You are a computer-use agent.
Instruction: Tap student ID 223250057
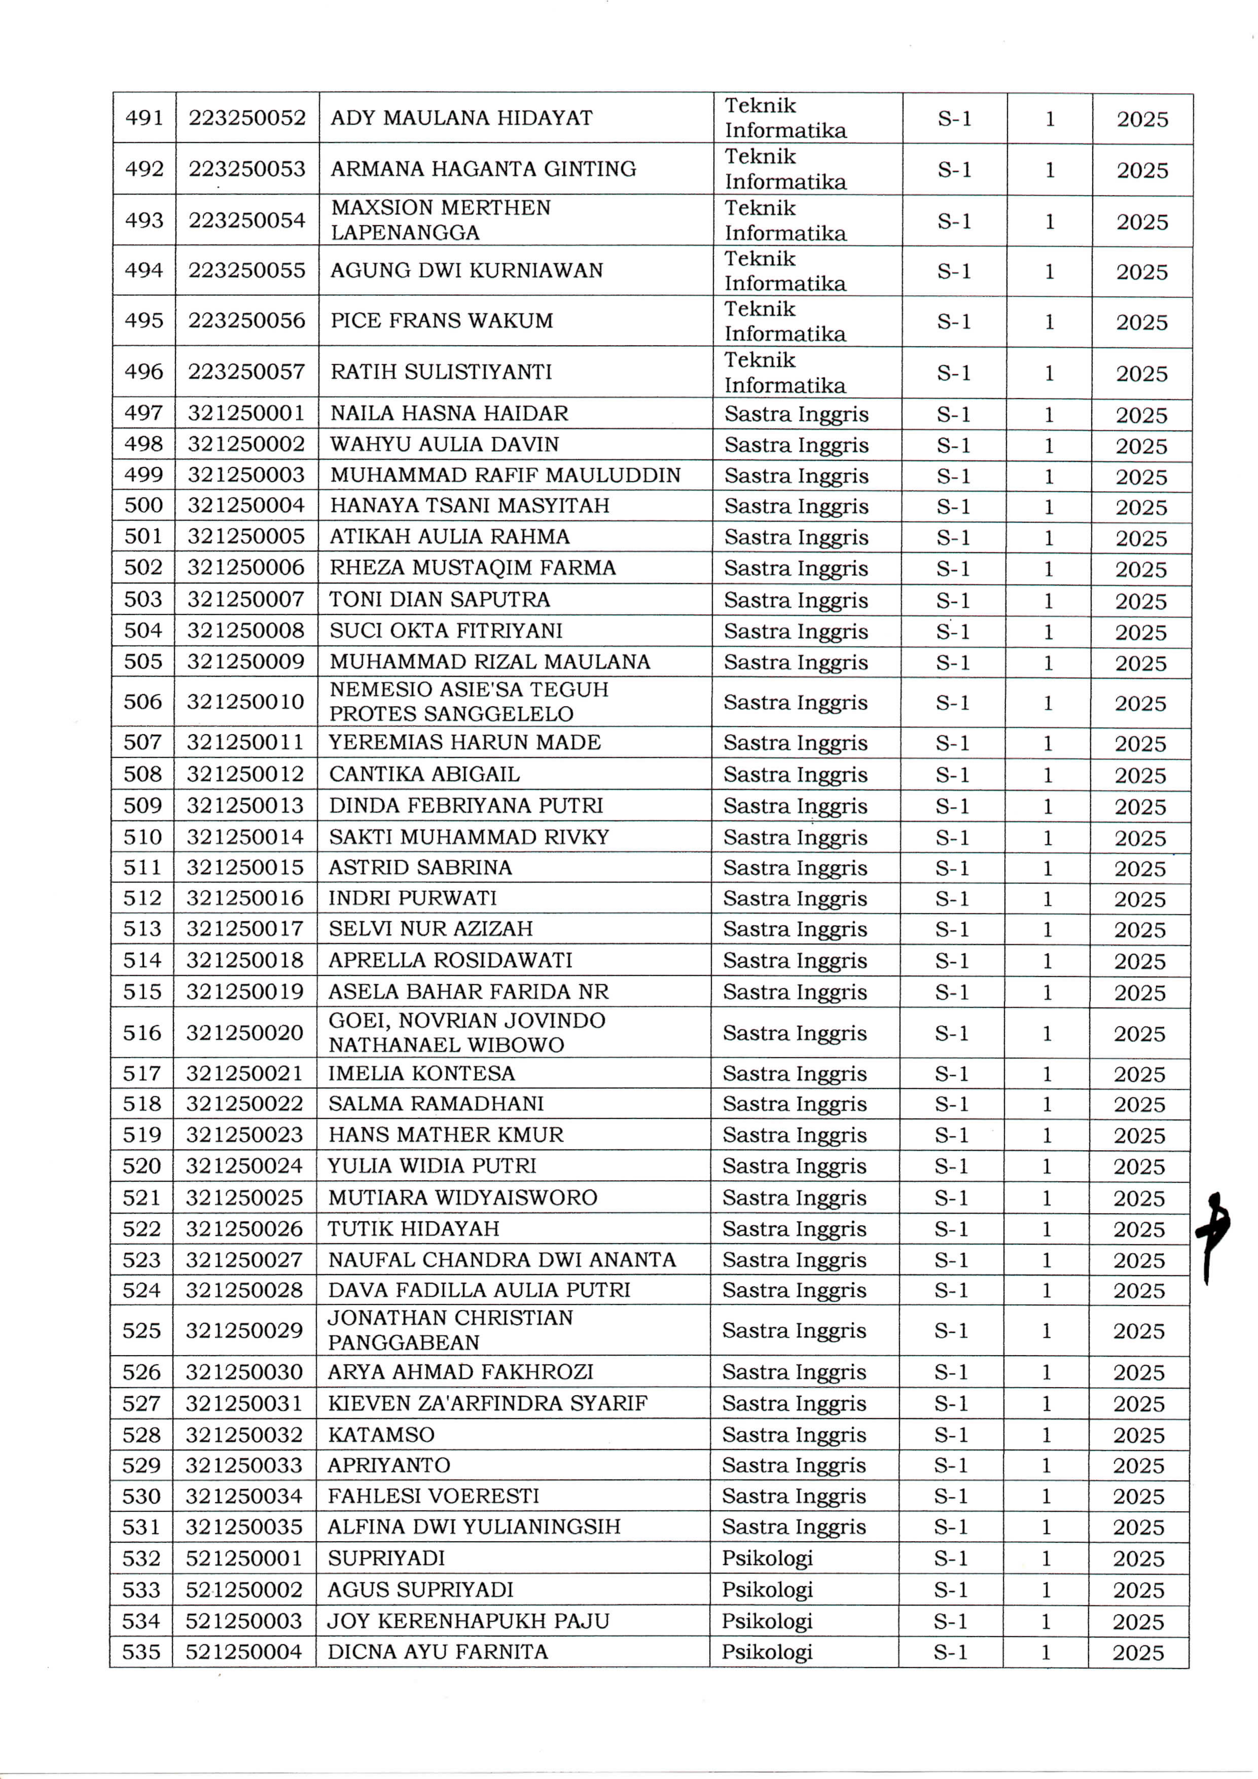246,372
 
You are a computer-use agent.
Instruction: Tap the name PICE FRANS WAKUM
442,321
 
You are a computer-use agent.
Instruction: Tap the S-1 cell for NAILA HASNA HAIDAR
953,415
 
